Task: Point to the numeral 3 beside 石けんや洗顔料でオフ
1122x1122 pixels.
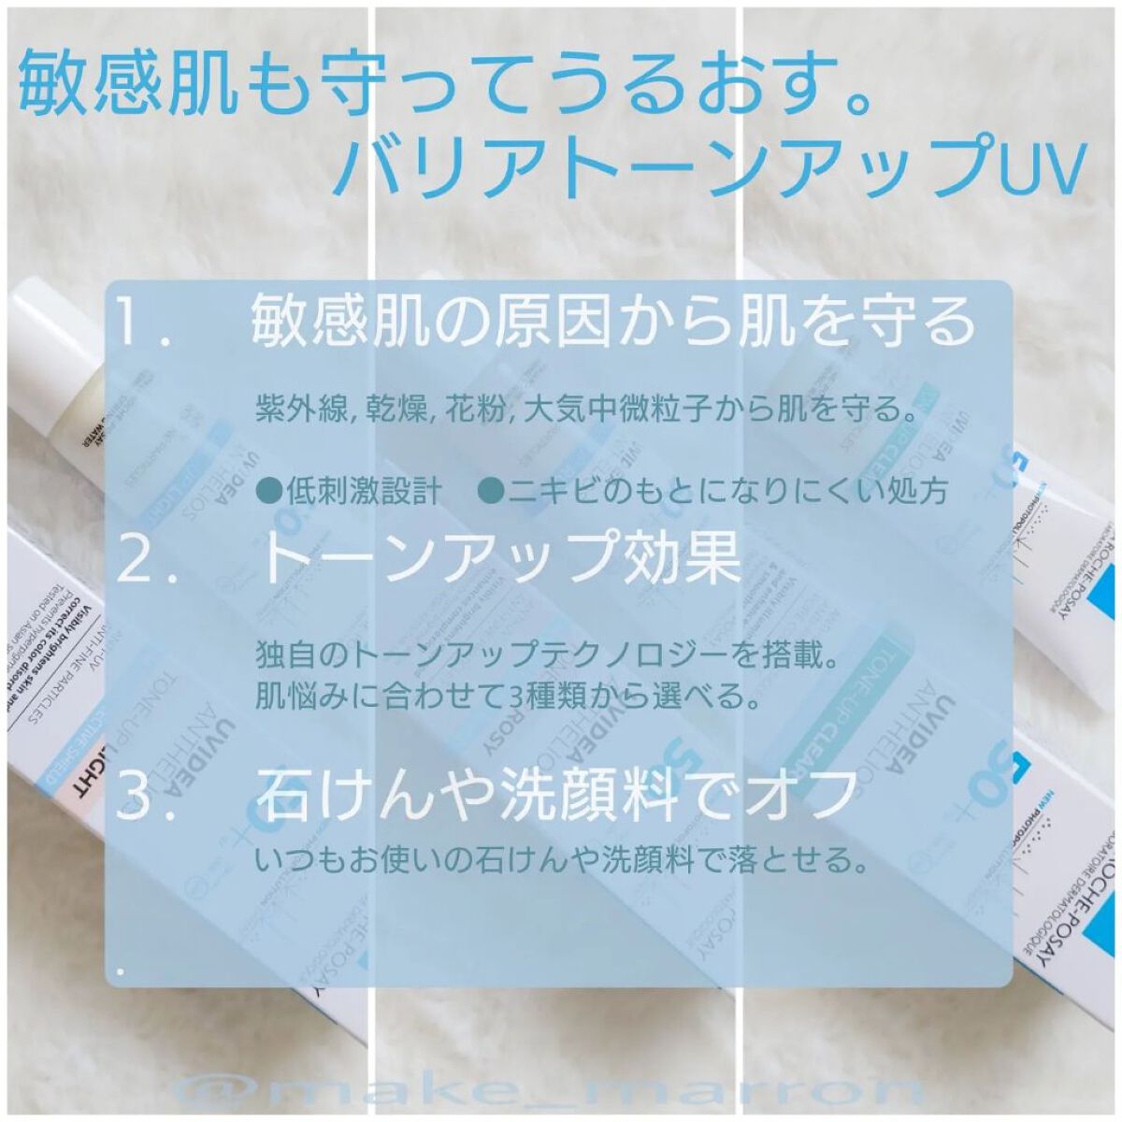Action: pyautogui.click(x=134, y=795)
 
